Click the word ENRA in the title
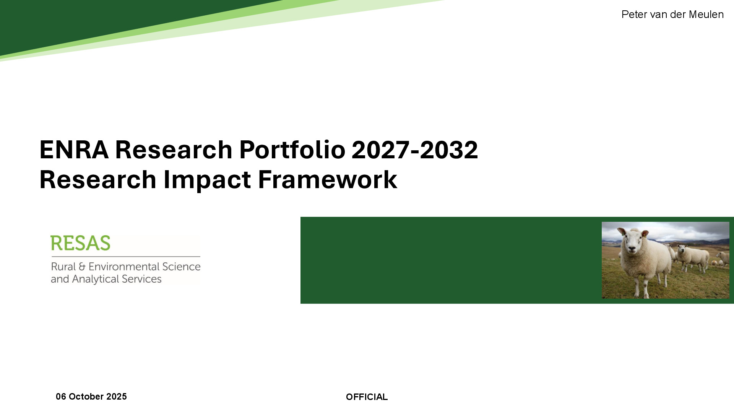(x=74, y=150)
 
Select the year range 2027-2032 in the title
(x=414, y=150)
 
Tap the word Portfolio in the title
(x=292, y=150)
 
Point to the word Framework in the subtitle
(x=328, y=179)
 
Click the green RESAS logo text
(x=80, y=243)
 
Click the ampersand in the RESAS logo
(x=82, y=267)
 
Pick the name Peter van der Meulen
(x=672, y=15)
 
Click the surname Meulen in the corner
(x=706, y=15)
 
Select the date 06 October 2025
(x=91, y=397)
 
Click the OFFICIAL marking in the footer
(x=367, y=397)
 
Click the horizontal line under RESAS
(x=126, y=257)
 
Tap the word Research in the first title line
(x=174, y=150)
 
